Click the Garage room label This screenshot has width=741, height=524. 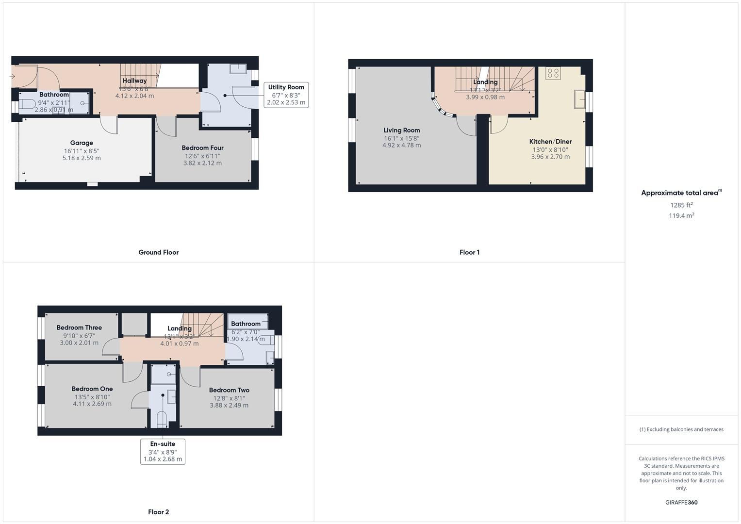point(82,143)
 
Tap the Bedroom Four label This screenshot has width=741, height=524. point(202,148)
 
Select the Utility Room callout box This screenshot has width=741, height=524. point(286,95)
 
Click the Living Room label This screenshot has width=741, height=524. point(401,130)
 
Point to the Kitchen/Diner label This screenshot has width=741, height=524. point(550,142)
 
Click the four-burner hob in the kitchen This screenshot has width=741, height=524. point(553,73)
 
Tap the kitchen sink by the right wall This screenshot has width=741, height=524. point(580,99)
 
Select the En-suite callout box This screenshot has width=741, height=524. point(163,451)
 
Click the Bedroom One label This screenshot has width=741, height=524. point(92,389)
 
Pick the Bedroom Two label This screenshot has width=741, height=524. point(229,390)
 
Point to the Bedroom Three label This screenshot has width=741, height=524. point(79,327)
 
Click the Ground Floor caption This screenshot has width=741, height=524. point(159,252)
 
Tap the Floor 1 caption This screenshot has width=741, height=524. point(469,252)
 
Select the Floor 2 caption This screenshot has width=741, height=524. point(159,512)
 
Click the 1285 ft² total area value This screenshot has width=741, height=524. point(681,205)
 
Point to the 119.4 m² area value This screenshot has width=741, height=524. point(681,216)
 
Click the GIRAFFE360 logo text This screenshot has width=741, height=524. point(681,503)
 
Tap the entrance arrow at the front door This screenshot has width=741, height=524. point(12,77)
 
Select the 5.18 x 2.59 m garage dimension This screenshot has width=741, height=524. point(82,158)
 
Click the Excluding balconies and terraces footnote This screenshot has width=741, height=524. point(681,429)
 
